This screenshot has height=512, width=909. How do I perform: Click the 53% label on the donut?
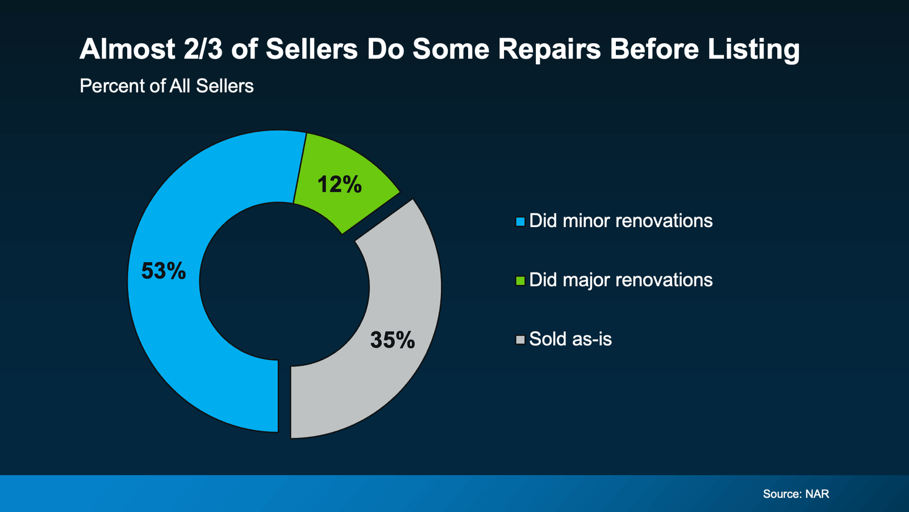tap(164, 271)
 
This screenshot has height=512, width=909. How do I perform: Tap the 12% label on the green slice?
tap(339, 184)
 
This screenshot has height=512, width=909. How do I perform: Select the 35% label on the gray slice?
tap(392, 340)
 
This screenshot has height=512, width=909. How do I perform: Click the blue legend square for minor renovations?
tap(520, 222)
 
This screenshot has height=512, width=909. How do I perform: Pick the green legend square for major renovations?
tap(520, 281)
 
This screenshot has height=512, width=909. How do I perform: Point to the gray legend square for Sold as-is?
tap(520, 340)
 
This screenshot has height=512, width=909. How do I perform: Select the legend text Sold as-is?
tap(570, 339)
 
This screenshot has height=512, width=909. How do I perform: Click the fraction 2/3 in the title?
tap(203, 49)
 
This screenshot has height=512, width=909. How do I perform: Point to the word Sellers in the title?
tap(311, 49)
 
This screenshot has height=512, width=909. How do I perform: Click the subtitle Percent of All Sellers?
tap(166, 86)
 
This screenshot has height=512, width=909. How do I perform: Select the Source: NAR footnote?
tap(795, 494)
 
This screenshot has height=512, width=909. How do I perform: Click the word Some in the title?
tap(451, 49)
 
